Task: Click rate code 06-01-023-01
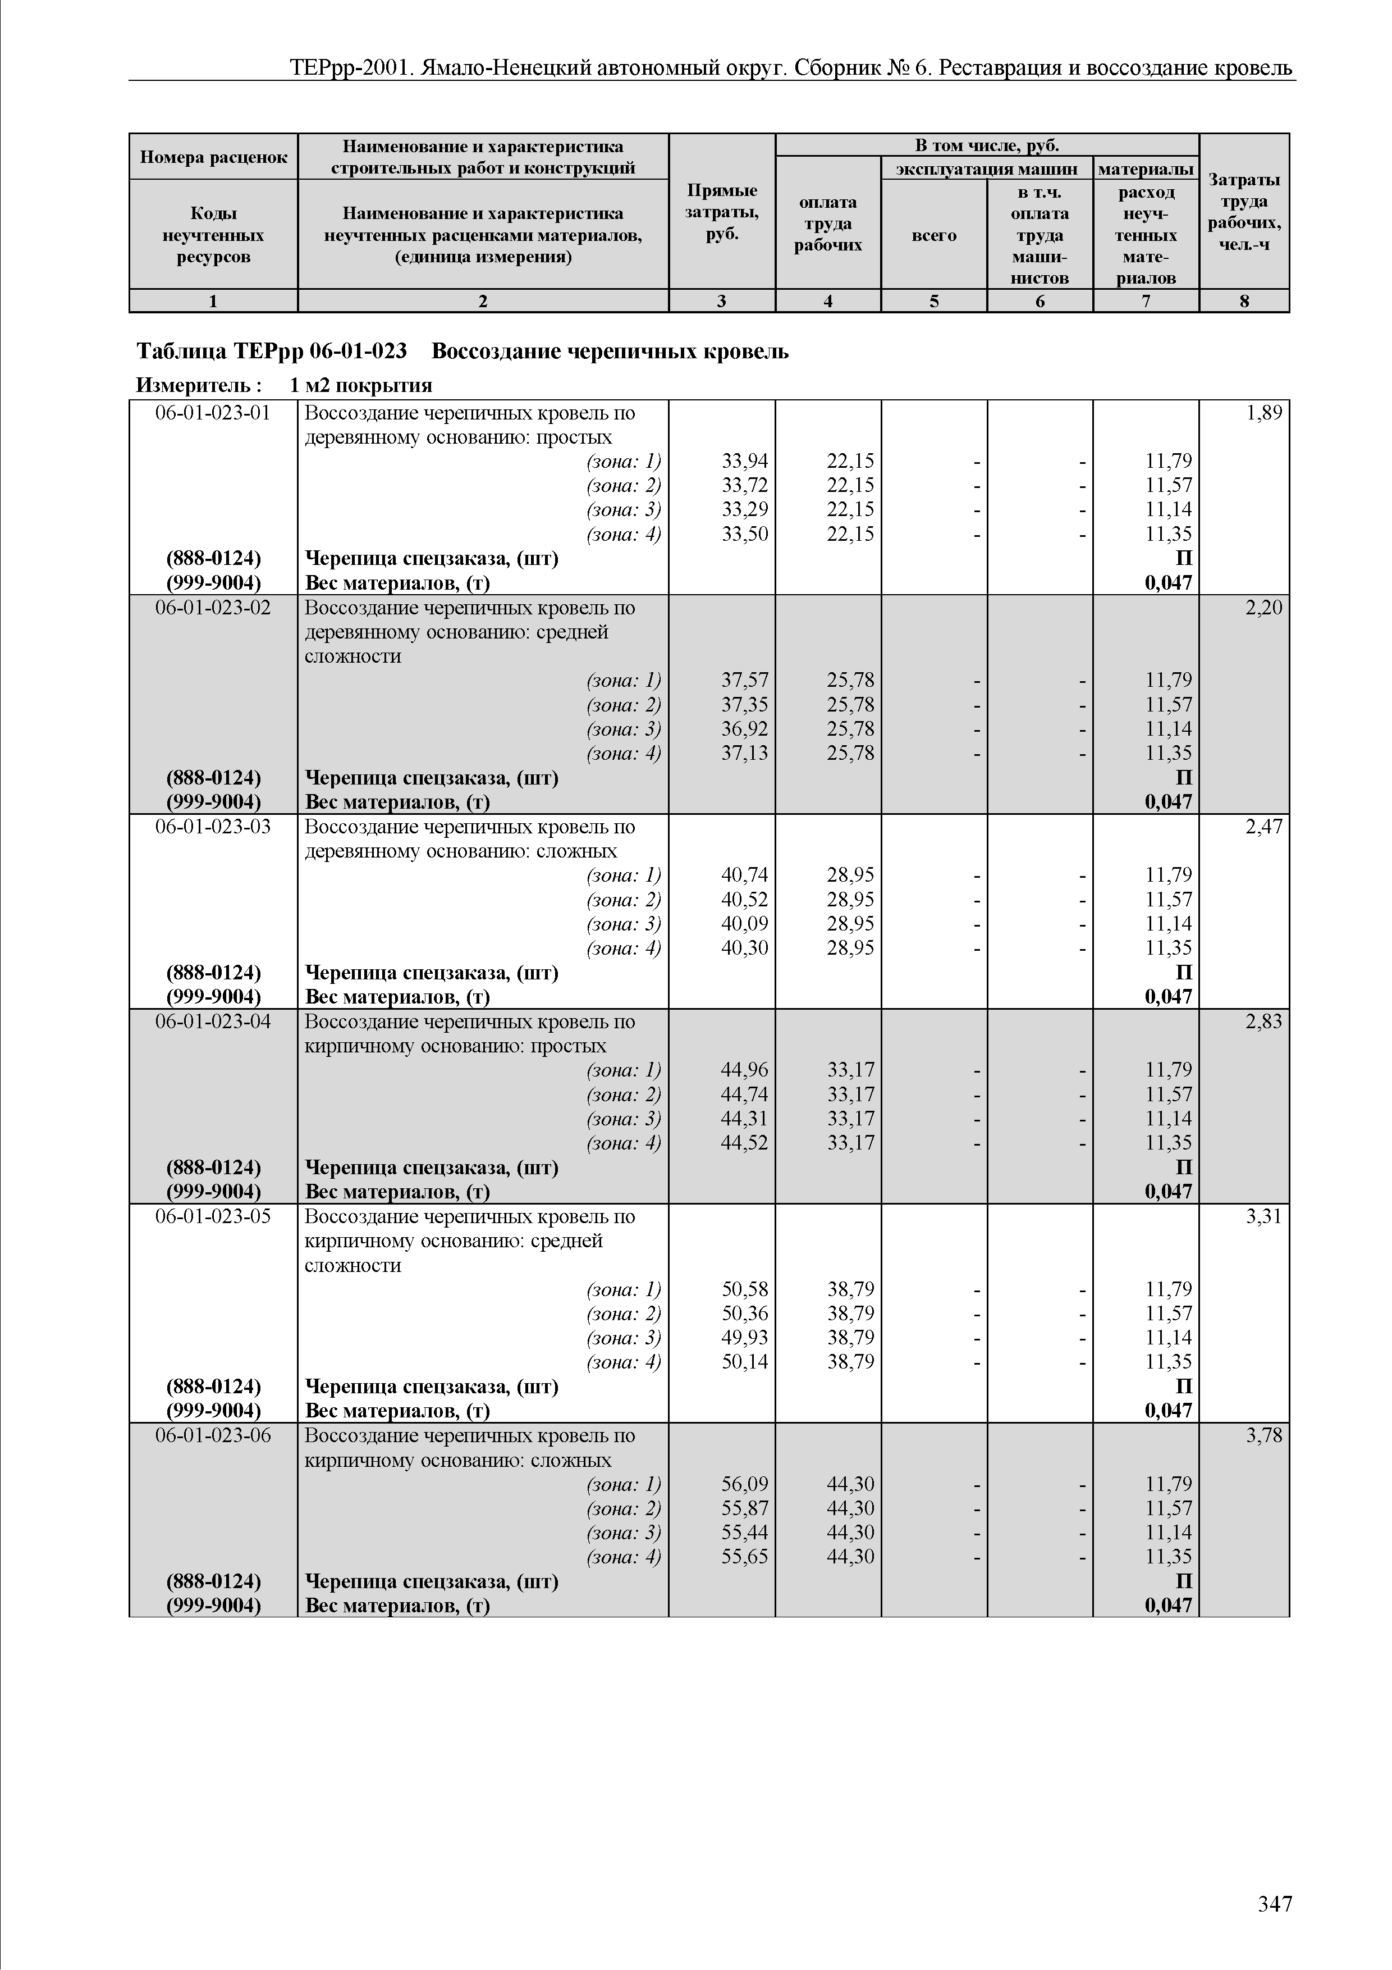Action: [x=213, y=413]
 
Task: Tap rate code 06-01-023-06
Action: [x=213, y=1435]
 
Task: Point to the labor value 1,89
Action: [x=1263, y=413]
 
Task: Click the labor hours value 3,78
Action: [x=1263, y=1435]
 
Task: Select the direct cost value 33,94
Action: [x=744, y=462]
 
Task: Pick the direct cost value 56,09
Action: [x=744, y=1484]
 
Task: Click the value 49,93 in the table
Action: [x=744, y=1338]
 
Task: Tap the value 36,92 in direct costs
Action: [x=744, y=728]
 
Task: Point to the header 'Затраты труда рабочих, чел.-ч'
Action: [x=1244, y=212]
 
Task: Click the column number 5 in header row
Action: [x=934, y=301]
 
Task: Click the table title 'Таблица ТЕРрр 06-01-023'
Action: [x=272, y=352]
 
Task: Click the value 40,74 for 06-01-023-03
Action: [x=744, y=875]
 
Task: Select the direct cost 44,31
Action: [x=744, y=1119]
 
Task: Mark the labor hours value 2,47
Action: [x=1263, y=826]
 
